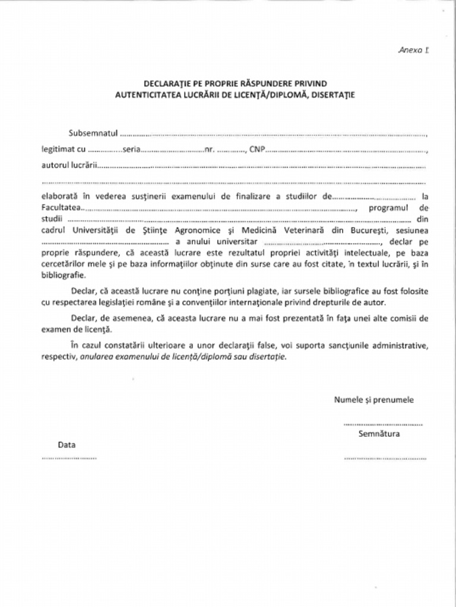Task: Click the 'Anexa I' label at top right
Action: click(413, 50)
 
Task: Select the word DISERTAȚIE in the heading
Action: click(333, 94)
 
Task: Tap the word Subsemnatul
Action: click(93, 133)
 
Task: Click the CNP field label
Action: click(256, 149)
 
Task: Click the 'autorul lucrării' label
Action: click(69, 165)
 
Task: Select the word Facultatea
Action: click(60, 208)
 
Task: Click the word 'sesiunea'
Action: click(410, 230)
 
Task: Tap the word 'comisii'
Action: click(401, 318)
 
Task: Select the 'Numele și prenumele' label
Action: click(373, 400)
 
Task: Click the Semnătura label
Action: click(379, 434)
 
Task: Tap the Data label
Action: click(66, 445)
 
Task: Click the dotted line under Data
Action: click(69, 458)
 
